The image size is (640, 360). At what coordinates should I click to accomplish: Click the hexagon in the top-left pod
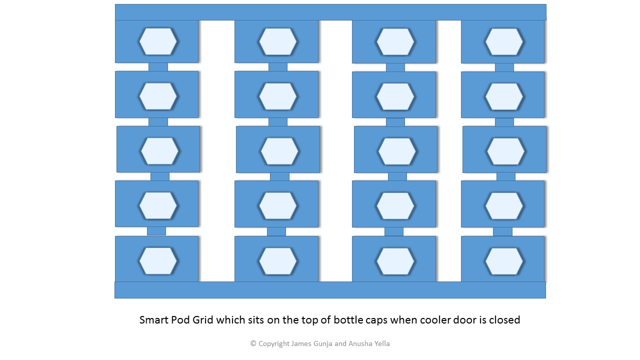click(x=158, y=41)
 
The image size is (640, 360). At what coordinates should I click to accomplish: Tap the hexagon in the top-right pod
click(x=504, y=42)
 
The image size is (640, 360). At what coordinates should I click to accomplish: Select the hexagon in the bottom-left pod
click(x=158, y=261)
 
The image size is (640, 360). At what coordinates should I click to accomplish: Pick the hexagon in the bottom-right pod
click(x=504, y=261)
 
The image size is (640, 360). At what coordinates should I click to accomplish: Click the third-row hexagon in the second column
click(x=279, y=151)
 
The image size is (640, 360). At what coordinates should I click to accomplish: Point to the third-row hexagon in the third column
click(x=397, y=151)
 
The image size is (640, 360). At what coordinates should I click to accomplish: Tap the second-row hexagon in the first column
click(x=158, y=96)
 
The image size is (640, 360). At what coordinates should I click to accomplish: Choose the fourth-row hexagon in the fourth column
click(x=504, y=205)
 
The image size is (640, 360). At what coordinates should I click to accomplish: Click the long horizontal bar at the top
click(x=330, y=12)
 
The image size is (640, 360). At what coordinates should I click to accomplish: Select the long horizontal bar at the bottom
click(x=330, y=290)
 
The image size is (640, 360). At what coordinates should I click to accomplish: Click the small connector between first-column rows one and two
click(x=158, y=67)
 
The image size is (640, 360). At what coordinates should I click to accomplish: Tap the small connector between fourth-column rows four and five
click(x=502, y=231)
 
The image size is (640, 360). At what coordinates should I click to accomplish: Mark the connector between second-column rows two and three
click(x=278, y=122)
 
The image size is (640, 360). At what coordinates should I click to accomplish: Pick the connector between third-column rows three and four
click(x=397, y=176)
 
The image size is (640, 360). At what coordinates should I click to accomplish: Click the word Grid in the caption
click(x=204, y=320)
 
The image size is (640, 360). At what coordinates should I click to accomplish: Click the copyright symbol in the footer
click(x=253, y=343)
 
